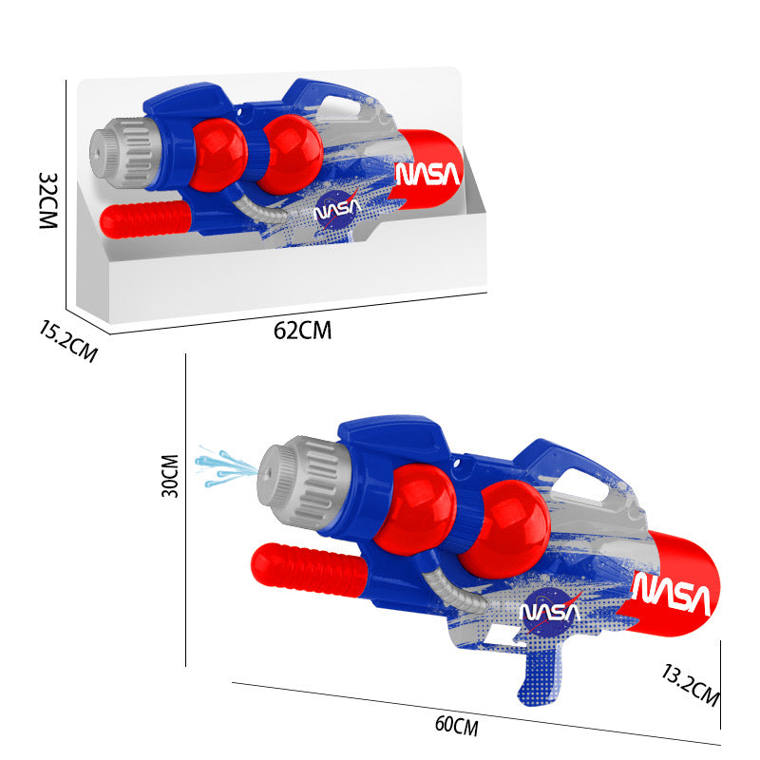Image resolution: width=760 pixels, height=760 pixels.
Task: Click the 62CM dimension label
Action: [x=303, y=331]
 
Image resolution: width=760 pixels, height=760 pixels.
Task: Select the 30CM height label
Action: [x=170, y=475]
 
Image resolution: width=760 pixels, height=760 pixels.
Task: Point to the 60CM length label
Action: [x=456, y=726]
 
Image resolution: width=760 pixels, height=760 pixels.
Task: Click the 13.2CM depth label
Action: [x=690, y=685]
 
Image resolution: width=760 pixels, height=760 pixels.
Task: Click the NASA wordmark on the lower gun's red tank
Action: [x=672, y=595]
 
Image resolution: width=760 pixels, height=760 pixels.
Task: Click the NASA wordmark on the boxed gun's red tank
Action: [x=427, y=174]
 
